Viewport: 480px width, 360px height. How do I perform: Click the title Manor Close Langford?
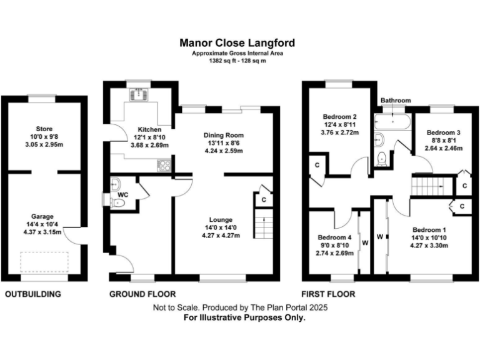237,43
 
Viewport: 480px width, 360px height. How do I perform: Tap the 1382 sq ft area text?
237,61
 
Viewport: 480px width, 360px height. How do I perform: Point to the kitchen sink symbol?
136,94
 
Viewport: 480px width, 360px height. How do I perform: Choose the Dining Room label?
224,135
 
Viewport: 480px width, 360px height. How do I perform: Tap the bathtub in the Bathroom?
392,121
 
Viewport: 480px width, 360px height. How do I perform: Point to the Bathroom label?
395,101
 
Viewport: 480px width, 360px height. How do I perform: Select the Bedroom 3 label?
443,132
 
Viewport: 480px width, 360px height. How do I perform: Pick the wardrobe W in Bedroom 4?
364,242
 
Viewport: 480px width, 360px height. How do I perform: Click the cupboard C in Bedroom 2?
317,165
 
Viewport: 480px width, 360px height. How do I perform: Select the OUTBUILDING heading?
33,294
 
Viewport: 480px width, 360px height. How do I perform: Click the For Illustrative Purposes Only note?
244,317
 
